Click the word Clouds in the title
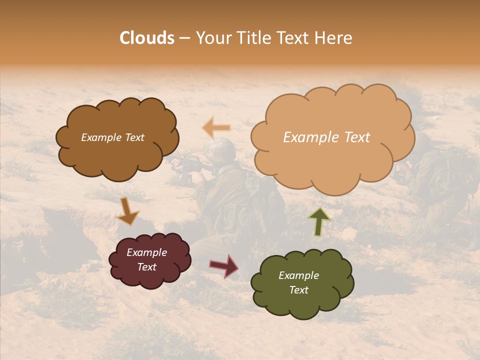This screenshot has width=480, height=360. [x=147, y=38]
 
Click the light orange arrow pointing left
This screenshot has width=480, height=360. [x=217, y=128]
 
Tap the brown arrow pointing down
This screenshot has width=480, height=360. [x=127, y=211]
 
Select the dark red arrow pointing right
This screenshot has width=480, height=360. [x=224, y=265]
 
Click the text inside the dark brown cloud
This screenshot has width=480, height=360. [x=112, y=137]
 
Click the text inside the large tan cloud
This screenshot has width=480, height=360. [x=326, y=137]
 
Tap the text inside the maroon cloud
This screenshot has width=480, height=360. [x=146, y=259]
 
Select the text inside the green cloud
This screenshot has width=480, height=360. [x=298, y=282]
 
